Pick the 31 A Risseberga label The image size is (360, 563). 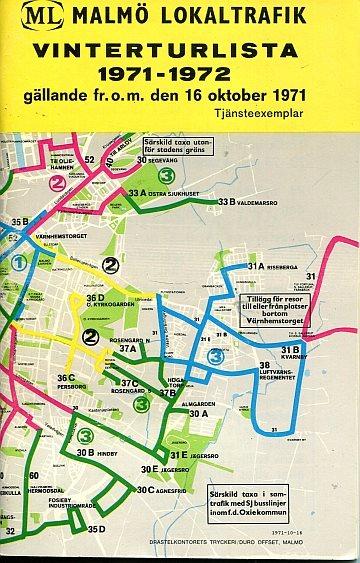269,267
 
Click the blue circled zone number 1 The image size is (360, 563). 17,262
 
